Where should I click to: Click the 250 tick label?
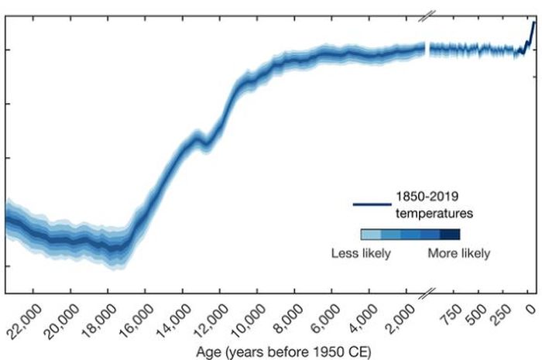coord(506,313)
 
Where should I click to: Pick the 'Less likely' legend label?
coord(361,253)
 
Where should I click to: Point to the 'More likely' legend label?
coord(459,253)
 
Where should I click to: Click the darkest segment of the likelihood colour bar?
coord(450,235)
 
